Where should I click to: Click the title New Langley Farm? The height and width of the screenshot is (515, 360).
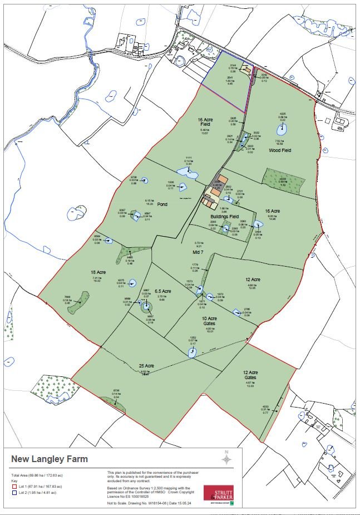50,460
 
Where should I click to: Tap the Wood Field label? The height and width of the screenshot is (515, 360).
280,150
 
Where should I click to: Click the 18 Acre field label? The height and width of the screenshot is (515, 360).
98,272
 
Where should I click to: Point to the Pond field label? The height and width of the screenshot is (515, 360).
162,204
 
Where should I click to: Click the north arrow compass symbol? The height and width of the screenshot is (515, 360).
226,458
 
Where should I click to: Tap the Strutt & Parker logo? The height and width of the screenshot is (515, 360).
218,494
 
